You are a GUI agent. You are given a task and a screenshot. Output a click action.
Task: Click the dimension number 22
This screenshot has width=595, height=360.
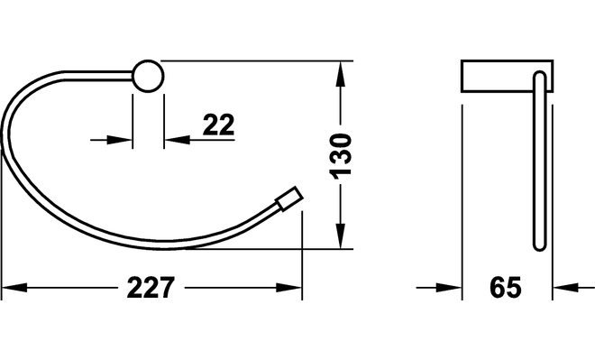tap(218, 125)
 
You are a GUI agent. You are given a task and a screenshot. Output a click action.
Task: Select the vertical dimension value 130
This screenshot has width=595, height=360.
tap(341, 155)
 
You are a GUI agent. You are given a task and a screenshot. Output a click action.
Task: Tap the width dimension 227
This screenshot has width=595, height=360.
tap(151, 288)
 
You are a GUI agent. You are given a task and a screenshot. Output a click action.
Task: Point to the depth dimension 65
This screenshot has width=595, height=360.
tap(506, 287)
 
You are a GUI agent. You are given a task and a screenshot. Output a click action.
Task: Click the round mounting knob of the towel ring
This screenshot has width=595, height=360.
tap(148, 76)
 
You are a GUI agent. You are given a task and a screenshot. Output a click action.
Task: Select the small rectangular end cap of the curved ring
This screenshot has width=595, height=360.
tap(290, 198)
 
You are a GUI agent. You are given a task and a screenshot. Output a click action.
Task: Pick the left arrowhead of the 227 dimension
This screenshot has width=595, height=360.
tap(14, 288)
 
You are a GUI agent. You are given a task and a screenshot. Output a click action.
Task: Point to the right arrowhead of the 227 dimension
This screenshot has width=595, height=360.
tap(288, 288)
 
